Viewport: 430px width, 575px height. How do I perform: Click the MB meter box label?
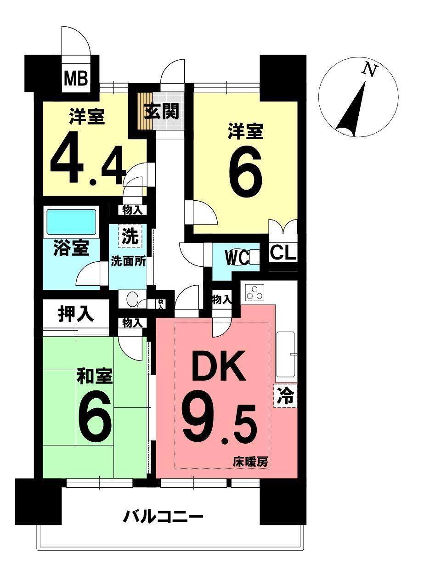pos(76,78)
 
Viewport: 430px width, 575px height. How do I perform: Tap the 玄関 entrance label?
pos(160,111)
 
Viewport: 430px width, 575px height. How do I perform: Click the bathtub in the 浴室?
pos(71,222)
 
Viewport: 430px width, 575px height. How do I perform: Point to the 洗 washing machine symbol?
pos(130,237)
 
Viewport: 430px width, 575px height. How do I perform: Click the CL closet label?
pos(283,253)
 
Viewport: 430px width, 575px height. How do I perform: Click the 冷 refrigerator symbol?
pos(285,395)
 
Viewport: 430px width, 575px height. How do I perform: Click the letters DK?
pos(219,367)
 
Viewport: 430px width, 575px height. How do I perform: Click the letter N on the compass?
pos(370,70)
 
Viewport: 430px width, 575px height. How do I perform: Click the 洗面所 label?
pos(129,261)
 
